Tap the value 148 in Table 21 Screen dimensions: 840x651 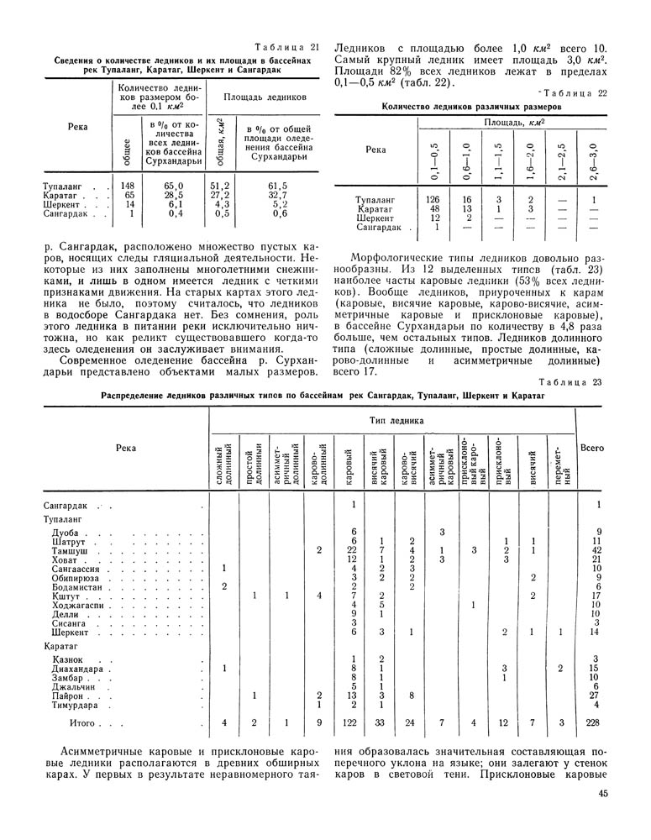coord(128,185)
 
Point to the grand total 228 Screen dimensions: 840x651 coord(596,723)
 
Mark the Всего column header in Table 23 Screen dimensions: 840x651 coord(593,449)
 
